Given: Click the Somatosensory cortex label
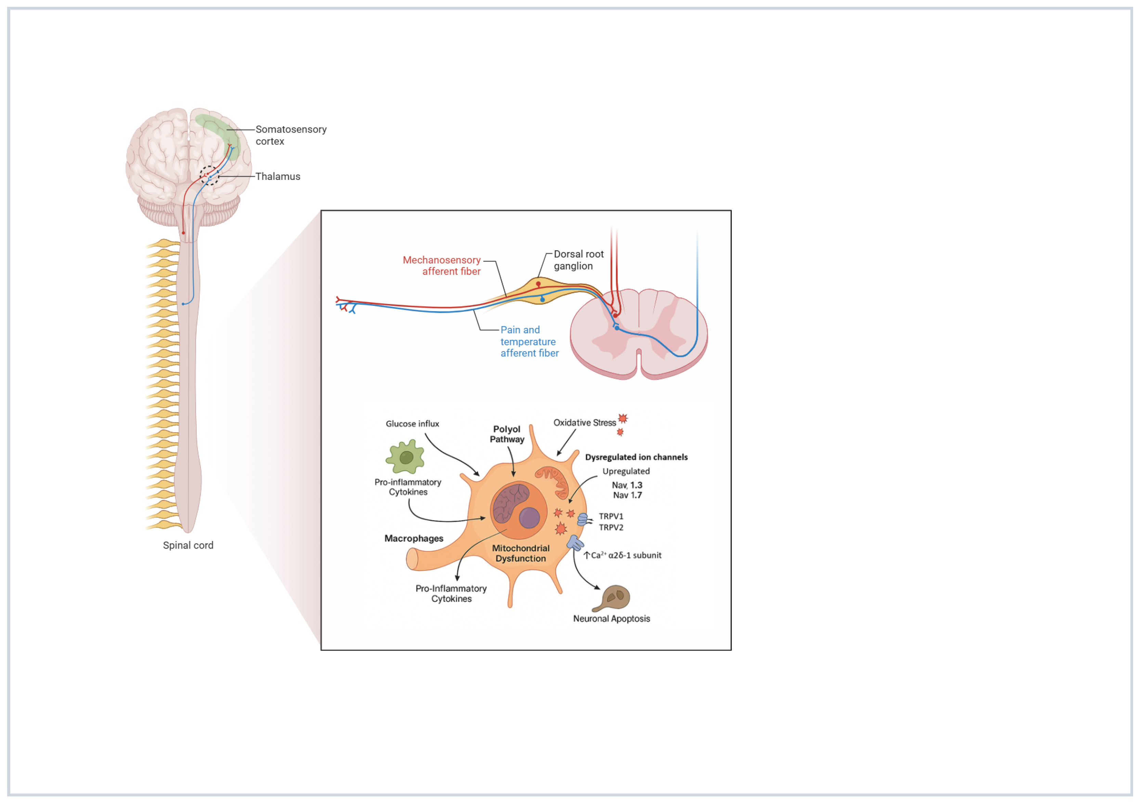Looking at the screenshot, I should (290, 135).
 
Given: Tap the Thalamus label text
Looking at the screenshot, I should (277, 176).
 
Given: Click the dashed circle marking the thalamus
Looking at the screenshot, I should (209, 175).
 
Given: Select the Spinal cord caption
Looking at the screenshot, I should (188, 545).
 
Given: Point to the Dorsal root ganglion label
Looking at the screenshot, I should (578, 260).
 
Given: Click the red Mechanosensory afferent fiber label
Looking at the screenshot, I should (441, 265).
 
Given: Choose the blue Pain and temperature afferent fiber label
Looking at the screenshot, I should (529, 341).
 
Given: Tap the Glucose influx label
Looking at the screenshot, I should (412, 424).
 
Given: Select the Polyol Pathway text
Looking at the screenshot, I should (507, 434).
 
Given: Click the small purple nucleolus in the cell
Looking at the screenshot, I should (529, 518).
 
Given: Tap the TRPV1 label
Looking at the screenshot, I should (610, 516).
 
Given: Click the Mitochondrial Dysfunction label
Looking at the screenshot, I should (520, 553).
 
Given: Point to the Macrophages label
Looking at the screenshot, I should (414, 538).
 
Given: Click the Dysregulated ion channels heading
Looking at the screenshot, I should (636, 457).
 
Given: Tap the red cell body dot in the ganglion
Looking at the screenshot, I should (538, 284).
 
